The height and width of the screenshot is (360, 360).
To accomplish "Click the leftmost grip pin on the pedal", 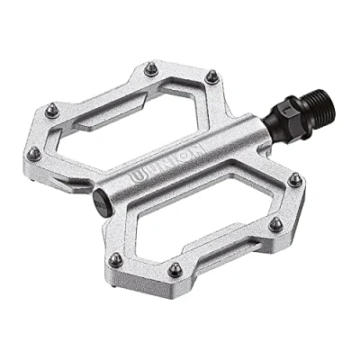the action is (x=34, y=154).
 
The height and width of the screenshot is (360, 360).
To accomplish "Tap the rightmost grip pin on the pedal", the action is (x=295, y=179).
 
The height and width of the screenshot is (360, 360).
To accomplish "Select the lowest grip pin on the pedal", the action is (x=175, y=269).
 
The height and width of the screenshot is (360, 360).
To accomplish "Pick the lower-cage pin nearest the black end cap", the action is (x=115, y=259).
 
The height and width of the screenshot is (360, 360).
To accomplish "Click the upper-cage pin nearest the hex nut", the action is (x=211, y=76).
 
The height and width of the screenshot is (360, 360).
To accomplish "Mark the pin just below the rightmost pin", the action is (x=275, y=224).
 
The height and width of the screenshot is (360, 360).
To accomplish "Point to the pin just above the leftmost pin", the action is (x=52, y=111).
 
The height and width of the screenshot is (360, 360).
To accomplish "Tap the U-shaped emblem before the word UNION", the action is (x=137, y=176).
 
